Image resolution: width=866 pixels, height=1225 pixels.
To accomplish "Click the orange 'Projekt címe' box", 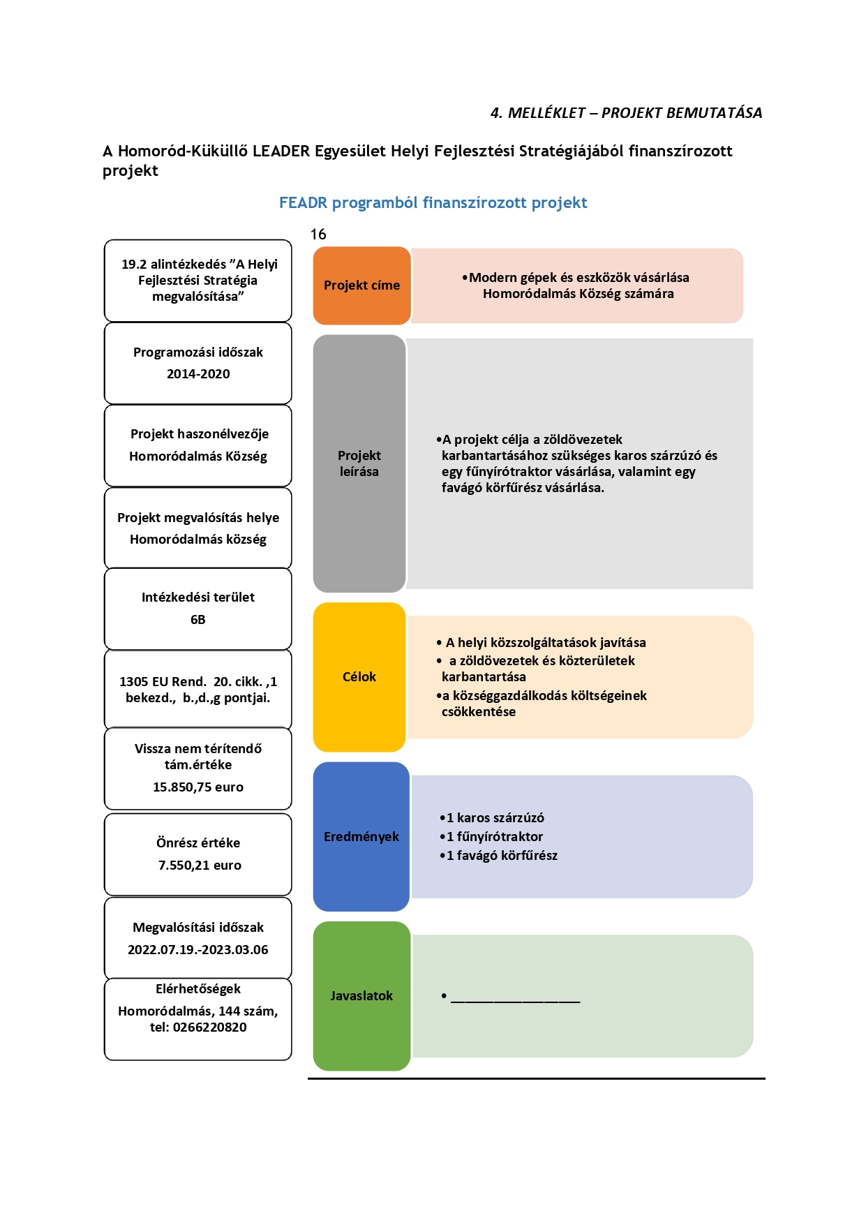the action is (x=361, y=285).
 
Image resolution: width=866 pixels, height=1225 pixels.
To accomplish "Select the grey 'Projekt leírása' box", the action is (x=359, y=463).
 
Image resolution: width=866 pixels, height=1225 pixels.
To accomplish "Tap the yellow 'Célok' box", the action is (x=359, y=677).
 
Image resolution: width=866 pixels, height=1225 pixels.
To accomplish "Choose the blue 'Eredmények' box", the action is (x=361, y=836).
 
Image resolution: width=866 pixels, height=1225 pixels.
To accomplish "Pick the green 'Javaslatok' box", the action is (x=361, y=996).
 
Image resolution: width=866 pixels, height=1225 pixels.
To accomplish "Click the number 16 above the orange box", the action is (x=318, y=235).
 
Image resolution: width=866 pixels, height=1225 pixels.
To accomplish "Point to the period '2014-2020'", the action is (x=198, y=374).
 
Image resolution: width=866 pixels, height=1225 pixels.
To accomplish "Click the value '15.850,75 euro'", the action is (x=198, y=787).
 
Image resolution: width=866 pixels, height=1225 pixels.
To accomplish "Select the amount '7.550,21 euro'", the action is (x=200, y=866).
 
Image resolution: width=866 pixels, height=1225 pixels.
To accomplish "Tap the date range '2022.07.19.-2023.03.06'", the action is (x=198, y=950).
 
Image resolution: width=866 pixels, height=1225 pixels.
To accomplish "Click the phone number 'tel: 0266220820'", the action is (x=198, y=1027).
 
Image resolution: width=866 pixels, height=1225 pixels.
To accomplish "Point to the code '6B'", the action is (x=198, y=620).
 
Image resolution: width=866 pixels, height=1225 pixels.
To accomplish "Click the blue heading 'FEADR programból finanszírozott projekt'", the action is (x=433, y=203).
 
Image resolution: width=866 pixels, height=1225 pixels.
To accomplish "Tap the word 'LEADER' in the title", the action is (x=281, y=151).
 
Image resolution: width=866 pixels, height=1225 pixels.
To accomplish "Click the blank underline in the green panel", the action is (x=516, y=1002).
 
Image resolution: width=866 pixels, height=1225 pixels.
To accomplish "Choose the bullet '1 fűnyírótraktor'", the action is (x=491, y=837).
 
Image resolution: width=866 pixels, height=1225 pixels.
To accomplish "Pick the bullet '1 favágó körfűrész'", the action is (x=498, y=856).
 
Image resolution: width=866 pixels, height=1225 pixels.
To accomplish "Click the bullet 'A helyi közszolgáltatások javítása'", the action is (x=542, y=643).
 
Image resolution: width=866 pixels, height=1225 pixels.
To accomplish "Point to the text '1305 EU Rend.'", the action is (x=163, y=682).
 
